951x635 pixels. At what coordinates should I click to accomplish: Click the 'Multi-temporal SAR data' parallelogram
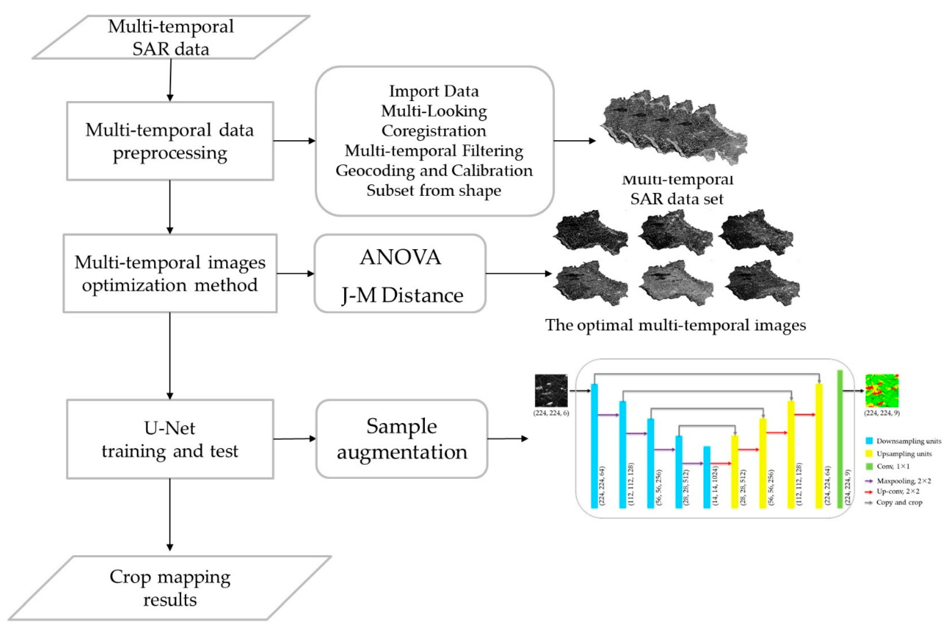pos(171,37)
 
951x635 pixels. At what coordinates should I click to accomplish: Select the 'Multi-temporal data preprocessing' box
pos(170,141)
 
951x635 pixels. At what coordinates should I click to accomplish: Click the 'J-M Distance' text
pos(402,295)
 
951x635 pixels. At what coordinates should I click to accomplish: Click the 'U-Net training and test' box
pos(170,439)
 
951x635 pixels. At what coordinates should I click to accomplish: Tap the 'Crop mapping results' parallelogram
pos(170,588)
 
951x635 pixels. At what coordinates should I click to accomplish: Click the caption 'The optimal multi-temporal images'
pos(675,325)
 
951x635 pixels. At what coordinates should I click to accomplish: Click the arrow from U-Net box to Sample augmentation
pos(295,439)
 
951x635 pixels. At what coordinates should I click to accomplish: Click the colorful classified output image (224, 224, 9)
pos(882,391)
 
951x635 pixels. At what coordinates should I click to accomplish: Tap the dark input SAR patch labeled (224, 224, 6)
pos(551,391)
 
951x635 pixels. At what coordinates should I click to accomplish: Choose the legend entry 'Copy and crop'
pos(899,503)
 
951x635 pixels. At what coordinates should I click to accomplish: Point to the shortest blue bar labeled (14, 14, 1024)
pos(707,477)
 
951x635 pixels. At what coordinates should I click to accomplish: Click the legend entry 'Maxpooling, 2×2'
pos(904,481)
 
